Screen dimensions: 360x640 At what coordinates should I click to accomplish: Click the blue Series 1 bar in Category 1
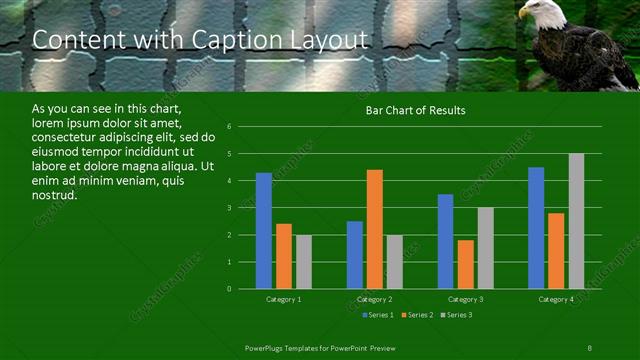(264, 231)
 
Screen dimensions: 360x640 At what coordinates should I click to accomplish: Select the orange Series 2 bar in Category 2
(375, 229)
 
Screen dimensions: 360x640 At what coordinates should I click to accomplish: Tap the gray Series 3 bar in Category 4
(577, 221)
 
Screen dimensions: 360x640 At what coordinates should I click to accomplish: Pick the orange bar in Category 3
(466, 264)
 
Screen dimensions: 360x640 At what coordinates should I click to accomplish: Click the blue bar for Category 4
(537, 228)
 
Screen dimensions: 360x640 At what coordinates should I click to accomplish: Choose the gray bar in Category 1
(304, 262)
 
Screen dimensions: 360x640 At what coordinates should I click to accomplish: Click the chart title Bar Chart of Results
(415, 110)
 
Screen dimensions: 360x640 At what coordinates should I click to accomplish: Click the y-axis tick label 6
(230, 127)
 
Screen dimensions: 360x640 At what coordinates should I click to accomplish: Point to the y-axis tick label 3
(230, 208)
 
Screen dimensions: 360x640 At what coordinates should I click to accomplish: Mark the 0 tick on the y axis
(230, 289)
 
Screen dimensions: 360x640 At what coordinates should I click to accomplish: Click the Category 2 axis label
(375, 299)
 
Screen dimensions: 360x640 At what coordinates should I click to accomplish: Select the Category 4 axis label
(557, 299)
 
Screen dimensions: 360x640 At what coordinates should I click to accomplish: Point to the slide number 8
(588, 347)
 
